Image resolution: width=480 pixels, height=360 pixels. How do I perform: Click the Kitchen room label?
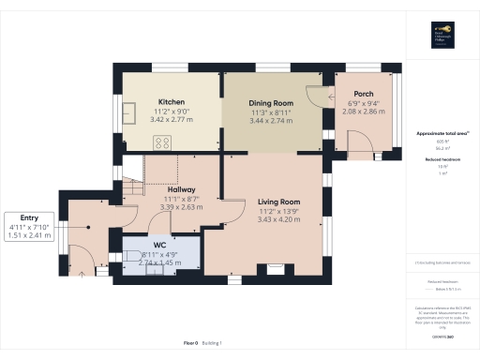click(x=171, y=101)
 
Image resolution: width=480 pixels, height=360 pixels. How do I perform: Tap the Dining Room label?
click(x=271, y=102)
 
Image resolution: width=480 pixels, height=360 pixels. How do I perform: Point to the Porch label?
click(x=364, y=93)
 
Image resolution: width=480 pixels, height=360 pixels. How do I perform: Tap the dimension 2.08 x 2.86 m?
click(x=364, y=112)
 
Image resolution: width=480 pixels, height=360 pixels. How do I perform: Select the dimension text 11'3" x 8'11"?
click(x=271, y=112)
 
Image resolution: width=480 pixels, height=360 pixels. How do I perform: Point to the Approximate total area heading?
click(x=442, y=133)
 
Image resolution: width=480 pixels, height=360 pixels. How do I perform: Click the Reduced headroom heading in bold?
click(x=442, y=159)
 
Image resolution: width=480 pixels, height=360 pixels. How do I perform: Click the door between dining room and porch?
click(x=328, y=97)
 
